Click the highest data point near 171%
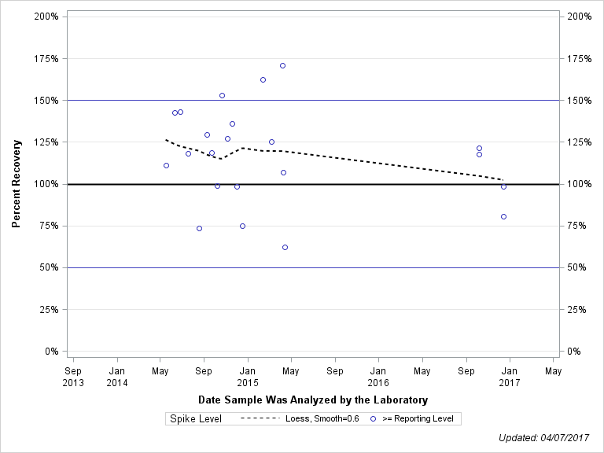(x=282, y=65)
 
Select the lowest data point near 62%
(x=285, y=247)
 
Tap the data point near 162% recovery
(x=263, y=79)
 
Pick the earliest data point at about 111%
(x=166, y=165)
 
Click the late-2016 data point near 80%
(x=503, y=216)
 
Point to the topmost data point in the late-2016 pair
(x=479, y=148)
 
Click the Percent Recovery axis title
(x=17, y=183)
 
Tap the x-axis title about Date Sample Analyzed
(x=313, y=400)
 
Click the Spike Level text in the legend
(x=196, y=418)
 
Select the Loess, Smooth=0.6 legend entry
(x=300, y=418)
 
